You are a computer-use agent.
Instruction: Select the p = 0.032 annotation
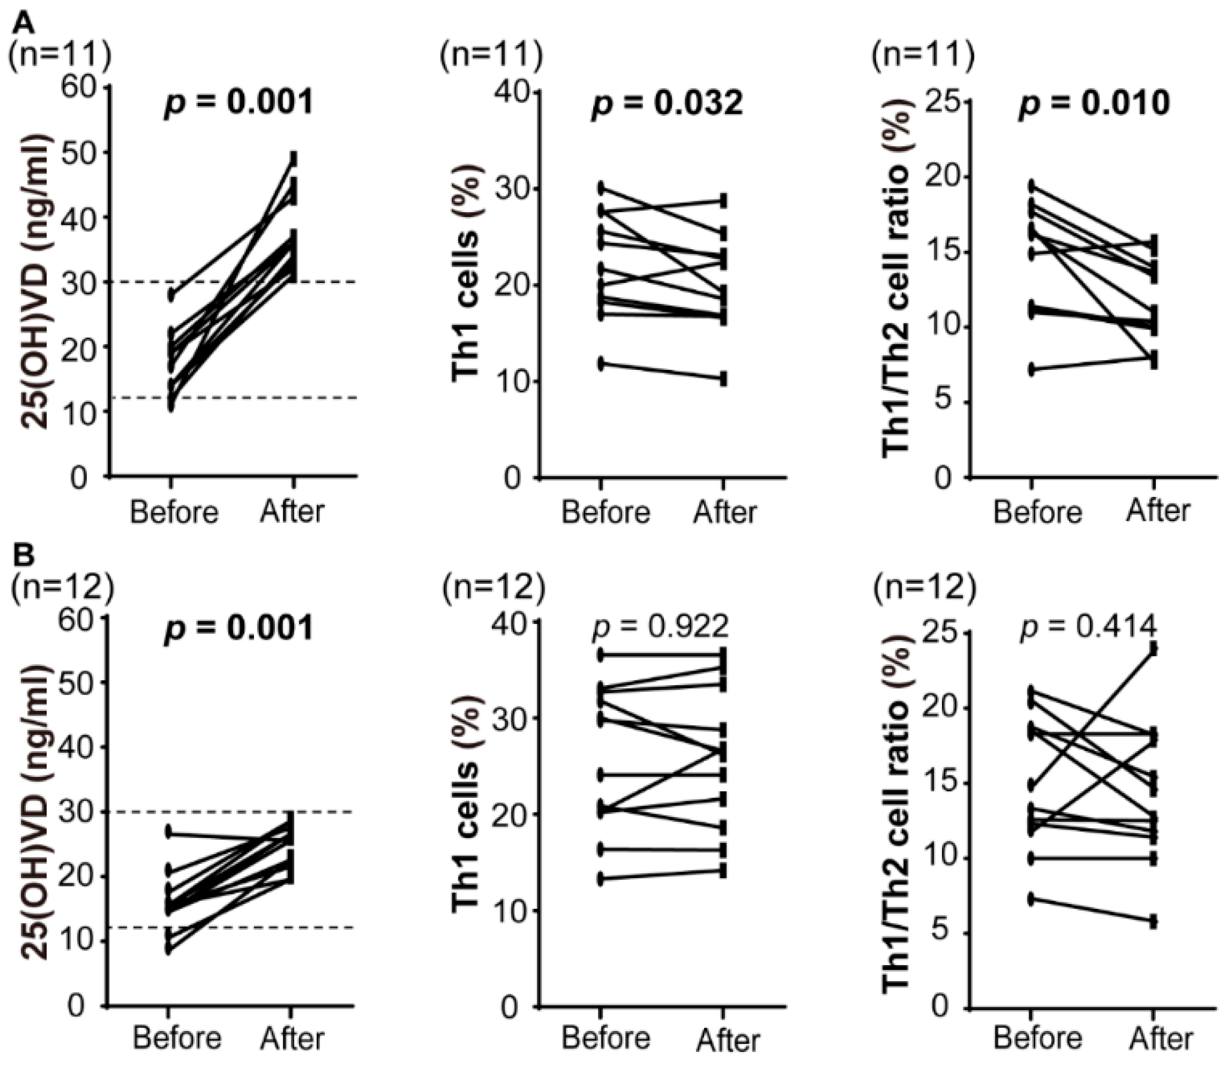[x=667, y=103]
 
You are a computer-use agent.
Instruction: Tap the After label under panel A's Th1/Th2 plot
[x=1158, y=511]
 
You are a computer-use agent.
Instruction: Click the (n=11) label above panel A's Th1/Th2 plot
[x=923, y=56]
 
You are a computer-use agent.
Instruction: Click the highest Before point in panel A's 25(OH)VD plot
[x=171, y=294]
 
